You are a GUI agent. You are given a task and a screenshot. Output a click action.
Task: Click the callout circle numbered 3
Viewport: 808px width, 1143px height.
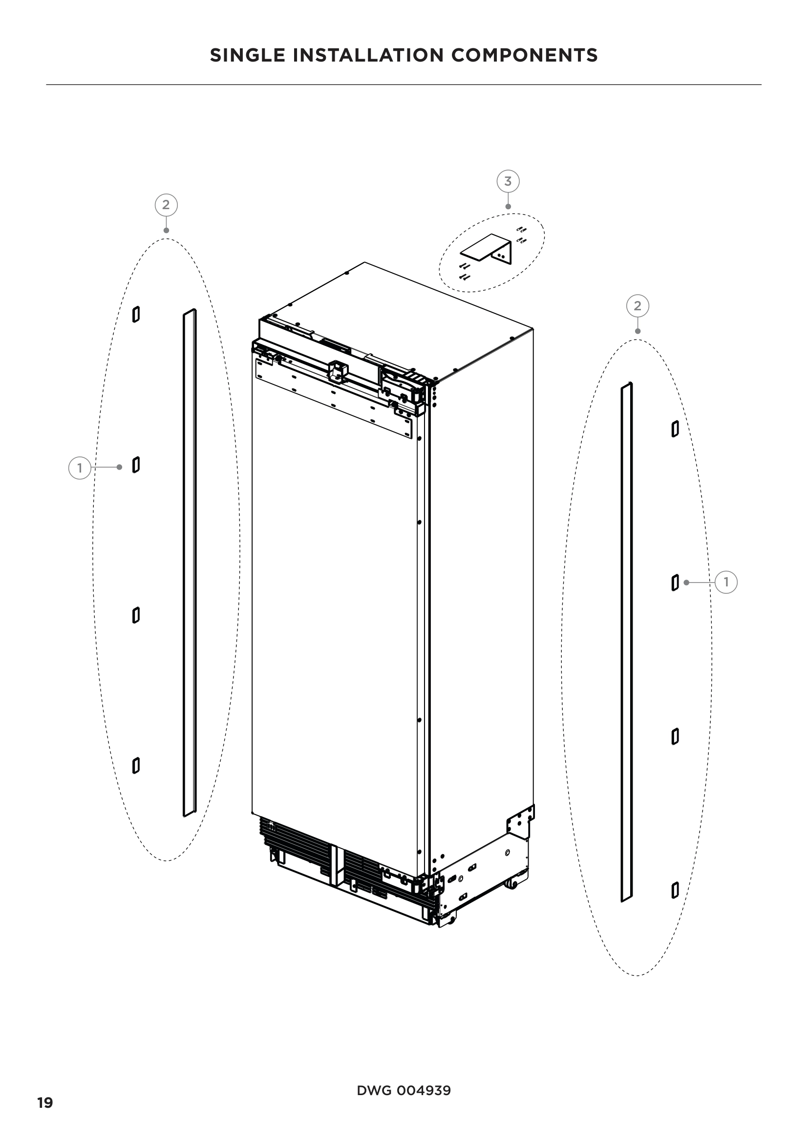[x=508, y=182]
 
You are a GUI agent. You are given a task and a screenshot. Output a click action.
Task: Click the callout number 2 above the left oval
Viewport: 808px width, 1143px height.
[x=166, y=205]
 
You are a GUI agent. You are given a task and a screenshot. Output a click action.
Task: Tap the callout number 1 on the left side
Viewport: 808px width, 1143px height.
[x=79, y=468]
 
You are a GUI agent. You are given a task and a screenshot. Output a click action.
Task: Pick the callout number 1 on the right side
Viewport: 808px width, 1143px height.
[x=726, y=582]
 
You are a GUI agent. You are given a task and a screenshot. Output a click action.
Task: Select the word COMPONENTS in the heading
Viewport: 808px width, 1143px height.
[x=524, y=55]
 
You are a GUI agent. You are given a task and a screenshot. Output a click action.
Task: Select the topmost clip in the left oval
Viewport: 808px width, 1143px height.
[x=136, y=314]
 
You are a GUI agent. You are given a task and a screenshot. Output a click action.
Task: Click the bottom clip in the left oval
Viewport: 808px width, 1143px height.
[x=136, y=766]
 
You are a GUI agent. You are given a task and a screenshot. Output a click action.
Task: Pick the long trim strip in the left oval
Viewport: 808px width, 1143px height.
[x=190, y=562]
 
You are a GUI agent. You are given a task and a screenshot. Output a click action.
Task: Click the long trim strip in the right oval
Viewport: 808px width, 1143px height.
[x=627, y=642]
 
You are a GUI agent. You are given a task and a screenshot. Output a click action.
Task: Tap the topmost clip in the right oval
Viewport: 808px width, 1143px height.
[x=675, y=429]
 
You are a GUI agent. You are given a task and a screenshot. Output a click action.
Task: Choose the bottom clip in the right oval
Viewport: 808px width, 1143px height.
[x=675, y=890]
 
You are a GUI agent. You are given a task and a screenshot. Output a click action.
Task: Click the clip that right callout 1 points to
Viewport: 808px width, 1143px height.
[x=675, y=582]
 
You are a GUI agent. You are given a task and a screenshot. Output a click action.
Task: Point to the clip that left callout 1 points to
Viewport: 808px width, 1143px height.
[x=136, y=465]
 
